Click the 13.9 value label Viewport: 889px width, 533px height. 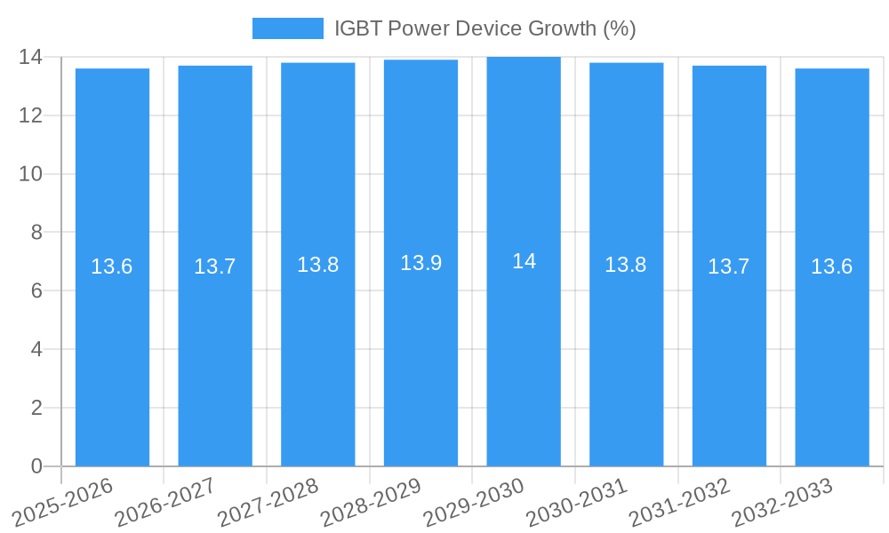[420, 263]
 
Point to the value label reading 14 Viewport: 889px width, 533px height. [524, 261]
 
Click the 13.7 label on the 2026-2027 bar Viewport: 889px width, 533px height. [214, 266]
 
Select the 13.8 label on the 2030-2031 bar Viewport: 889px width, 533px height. [626, 265]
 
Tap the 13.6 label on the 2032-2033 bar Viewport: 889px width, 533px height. [831, 266]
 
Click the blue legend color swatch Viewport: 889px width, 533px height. [287, 28]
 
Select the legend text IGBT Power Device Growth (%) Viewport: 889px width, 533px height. [485, 28]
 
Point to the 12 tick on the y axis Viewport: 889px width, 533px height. [31, 115]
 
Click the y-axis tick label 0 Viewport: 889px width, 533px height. [36, 466]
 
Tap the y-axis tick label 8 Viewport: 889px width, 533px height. [36, 233]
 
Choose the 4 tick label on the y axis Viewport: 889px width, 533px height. [36, 349]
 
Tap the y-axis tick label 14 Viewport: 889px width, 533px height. [31, 57]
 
